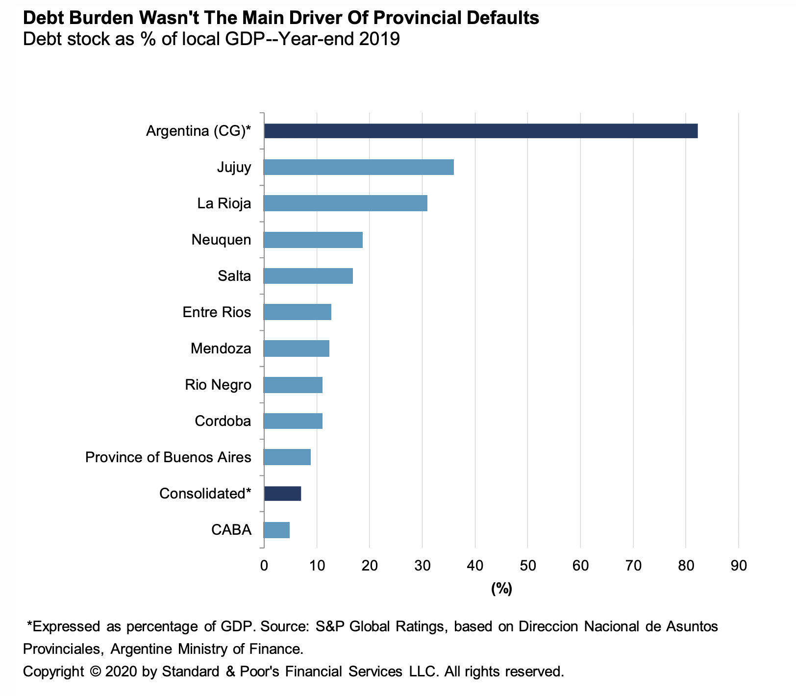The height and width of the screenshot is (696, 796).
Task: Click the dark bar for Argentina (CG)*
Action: point(480,131)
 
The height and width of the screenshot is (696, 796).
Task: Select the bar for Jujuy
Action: point(358,167)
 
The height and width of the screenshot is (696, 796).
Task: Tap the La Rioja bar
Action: point(345,203)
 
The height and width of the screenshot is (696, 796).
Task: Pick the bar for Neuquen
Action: point(313,240)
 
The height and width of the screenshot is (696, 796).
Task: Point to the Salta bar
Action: point(308,276)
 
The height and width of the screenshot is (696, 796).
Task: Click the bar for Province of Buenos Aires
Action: point(287,457)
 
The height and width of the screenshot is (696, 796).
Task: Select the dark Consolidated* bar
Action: point(282,494)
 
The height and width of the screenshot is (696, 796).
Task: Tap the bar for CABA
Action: point(276,530)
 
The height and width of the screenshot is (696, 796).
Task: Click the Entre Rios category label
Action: point(217,312)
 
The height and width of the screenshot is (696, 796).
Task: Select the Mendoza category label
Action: point(221,348)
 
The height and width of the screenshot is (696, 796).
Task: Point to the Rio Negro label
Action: point(218,385)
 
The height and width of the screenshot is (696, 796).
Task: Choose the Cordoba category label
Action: point(223,421)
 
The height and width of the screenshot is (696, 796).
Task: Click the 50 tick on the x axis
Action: point(527,566)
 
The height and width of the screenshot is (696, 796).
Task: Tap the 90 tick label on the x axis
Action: point(738,566)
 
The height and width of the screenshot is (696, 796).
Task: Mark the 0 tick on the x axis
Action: point(264,566)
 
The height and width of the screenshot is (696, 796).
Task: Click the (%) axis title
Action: point(501,588)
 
